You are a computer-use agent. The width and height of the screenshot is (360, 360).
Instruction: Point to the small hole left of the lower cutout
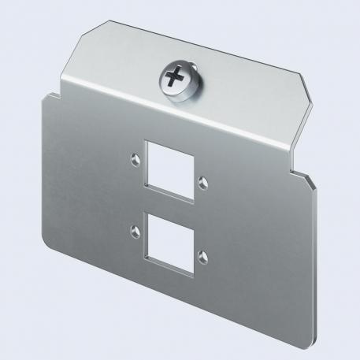tap(135, 231)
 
